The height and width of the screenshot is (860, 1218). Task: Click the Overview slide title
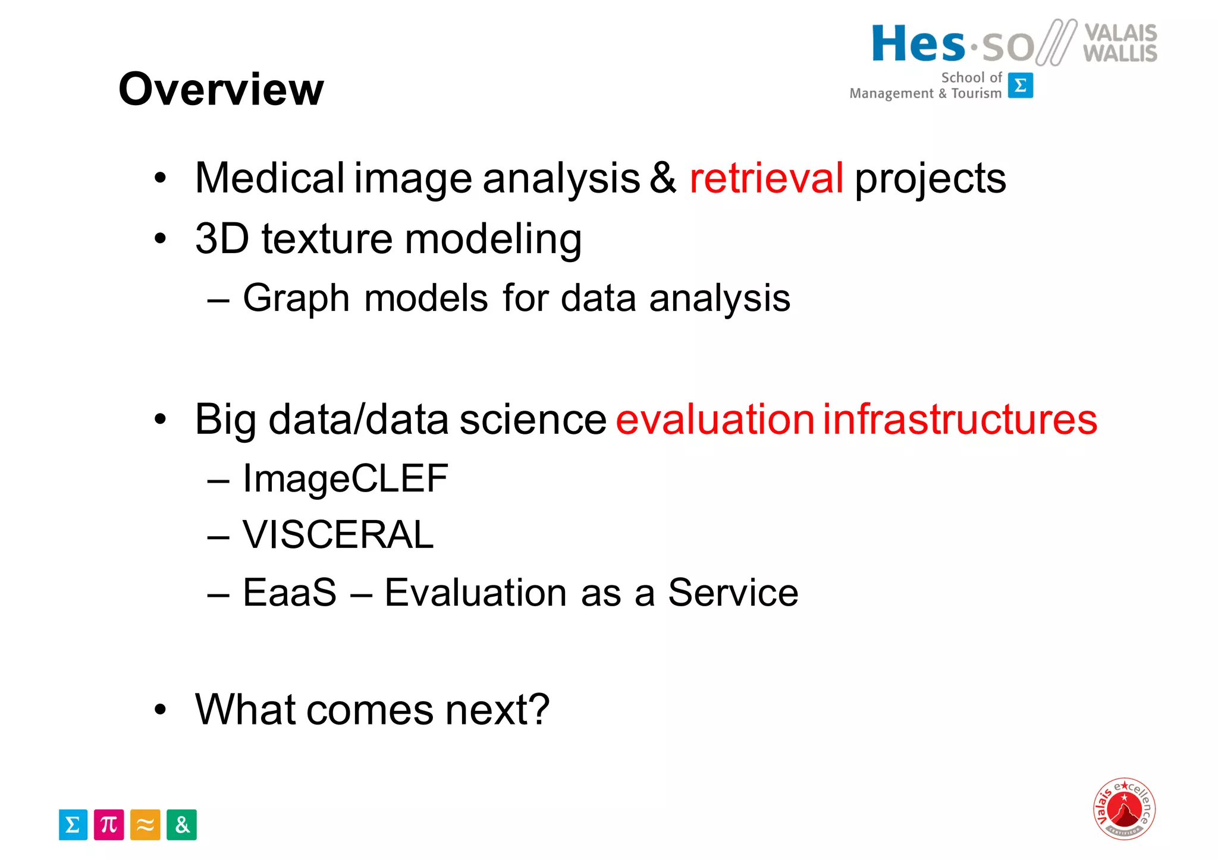[x=221, y=89]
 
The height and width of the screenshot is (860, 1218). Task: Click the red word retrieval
[x=766, y=178]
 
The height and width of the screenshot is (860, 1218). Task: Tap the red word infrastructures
[x=960, y=419]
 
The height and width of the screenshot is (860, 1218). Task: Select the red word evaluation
[x=714, y=419]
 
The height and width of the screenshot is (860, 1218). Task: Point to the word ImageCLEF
[x=345, y=478]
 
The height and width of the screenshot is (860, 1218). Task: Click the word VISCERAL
[x=338, y=534]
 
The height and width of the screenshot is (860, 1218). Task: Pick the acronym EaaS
[x=290, y=593]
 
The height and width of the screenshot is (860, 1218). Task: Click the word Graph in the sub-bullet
[x=296, y=298]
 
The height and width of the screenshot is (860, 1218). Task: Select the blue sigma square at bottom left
[x=73, y=825]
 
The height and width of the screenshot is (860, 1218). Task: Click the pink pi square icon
[x=109, y=825]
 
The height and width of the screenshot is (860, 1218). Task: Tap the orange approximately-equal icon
[x=145, y=825]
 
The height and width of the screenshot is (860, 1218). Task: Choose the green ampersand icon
[x=181, y=825]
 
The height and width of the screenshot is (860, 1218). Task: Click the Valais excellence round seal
[x=1124, y=808]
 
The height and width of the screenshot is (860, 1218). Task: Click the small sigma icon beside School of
[x=1021, y=86]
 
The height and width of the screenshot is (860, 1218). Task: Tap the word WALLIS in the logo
[x=1120, y=53]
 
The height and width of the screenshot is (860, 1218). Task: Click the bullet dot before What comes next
[x=160, y=709]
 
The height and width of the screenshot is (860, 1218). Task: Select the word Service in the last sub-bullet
[x=733, y=593]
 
